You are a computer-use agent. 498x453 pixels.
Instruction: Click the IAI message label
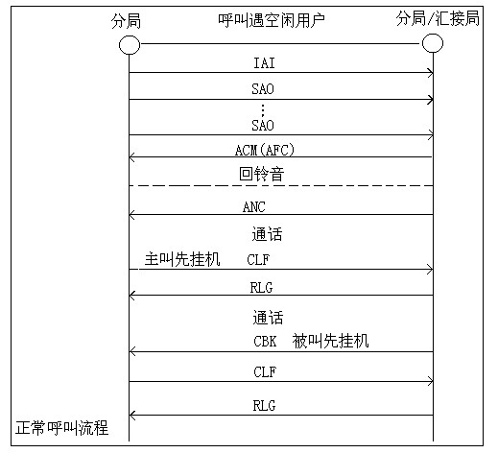(264, 62)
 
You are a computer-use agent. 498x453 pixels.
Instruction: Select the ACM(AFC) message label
(265, 150)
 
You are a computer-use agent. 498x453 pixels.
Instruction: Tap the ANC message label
(254, 206)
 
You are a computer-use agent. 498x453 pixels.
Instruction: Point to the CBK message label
(265, 341)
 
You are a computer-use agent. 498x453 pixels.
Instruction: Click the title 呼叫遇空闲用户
(272, 20)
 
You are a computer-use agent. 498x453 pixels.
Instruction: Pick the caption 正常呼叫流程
(62, 428)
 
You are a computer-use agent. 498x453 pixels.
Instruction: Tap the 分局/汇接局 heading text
(438, 18)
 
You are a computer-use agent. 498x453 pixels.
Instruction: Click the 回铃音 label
(262, 174)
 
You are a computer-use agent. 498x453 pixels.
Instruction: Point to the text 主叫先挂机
(182, 259)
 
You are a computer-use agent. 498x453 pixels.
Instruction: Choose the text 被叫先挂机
(330, 341)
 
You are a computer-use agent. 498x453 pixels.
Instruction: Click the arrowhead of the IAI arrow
(431, 73)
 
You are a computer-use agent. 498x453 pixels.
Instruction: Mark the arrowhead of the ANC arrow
(131, 215)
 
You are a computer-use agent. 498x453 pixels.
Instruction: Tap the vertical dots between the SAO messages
(263, 109)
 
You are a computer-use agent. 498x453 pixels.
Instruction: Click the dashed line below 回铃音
(281, 185)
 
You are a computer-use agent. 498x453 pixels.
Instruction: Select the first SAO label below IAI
(263, 88)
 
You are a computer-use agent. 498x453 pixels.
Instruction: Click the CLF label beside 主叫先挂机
(258, 259)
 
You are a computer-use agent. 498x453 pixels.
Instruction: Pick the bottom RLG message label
(264, 406)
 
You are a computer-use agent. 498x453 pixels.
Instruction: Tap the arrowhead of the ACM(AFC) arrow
(131, 157)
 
